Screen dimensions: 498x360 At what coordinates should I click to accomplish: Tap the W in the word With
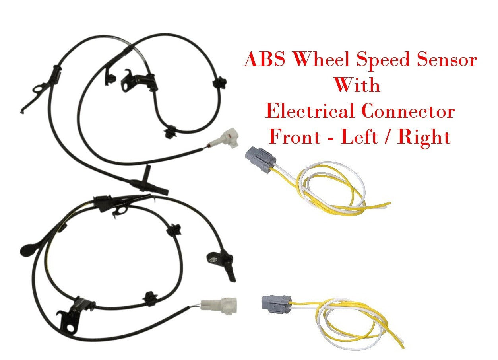(x=344, y=85)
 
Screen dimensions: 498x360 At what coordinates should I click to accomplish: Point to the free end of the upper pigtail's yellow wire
(x=390, y=203)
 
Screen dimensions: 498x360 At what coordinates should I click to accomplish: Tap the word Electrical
(x=310, y=111)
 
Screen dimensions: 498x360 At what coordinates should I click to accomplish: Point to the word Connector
(x=408, y=111)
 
